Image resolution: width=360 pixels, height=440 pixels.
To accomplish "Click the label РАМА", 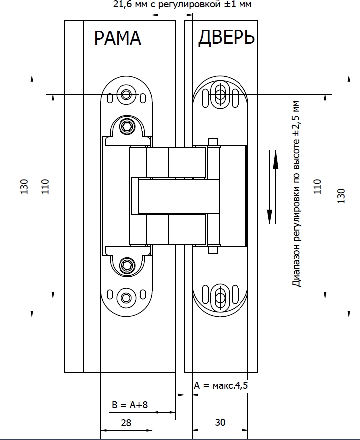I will coord(118,39).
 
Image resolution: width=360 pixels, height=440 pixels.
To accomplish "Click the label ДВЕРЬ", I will coord(227,39).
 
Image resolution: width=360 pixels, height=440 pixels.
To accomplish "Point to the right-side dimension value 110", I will coord(318,186).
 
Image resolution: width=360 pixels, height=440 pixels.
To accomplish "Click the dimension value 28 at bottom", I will coord(126,423).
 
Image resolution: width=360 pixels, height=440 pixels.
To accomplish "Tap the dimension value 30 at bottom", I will coord(220,423).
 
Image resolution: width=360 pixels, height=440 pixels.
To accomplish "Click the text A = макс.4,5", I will coord(221,386).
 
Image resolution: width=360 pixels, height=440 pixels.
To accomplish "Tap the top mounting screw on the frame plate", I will coord(126,94).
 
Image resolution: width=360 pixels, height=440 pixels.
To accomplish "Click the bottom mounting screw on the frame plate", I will coord(126,298).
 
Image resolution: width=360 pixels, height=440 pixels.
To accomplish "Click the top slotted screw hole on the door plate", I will coord(219,94).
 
